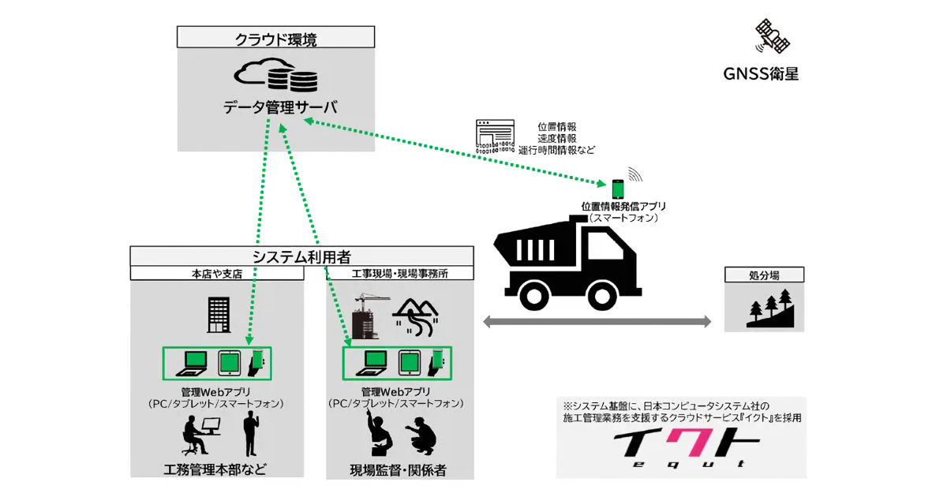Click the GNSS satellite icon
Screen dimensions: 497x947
pyautogui.click(x=772, y=36)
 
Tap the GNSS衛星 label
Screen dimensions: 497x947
pyautogui.click(x=761, y=74)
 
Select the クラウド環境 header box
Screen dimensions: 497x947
pyautogui.click(x=275, y=37)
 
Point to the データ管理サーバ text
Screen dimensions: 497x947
pyautogui.click(x=275, y=107)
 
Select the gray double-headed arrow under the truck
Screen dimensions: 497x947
pyautogui.click(x=597, y=321)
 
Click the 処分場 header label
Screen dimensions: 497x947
pyautogui.click(x=765, y=275)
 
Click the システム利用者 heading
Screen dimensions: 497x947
pyautogui.click(x=301, y=256)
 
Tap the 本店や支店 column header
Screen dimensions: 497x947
pyautogui.click(x=217, y=274)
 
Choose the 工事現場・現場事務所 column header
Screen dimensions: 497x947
pyautogui.click(x=400, y=274)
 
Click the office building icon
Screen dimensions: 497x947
pyautogui.click(x=217, y=315)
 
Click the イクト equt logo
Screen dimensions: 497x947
pyautogui.click(x=681, y=450)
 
